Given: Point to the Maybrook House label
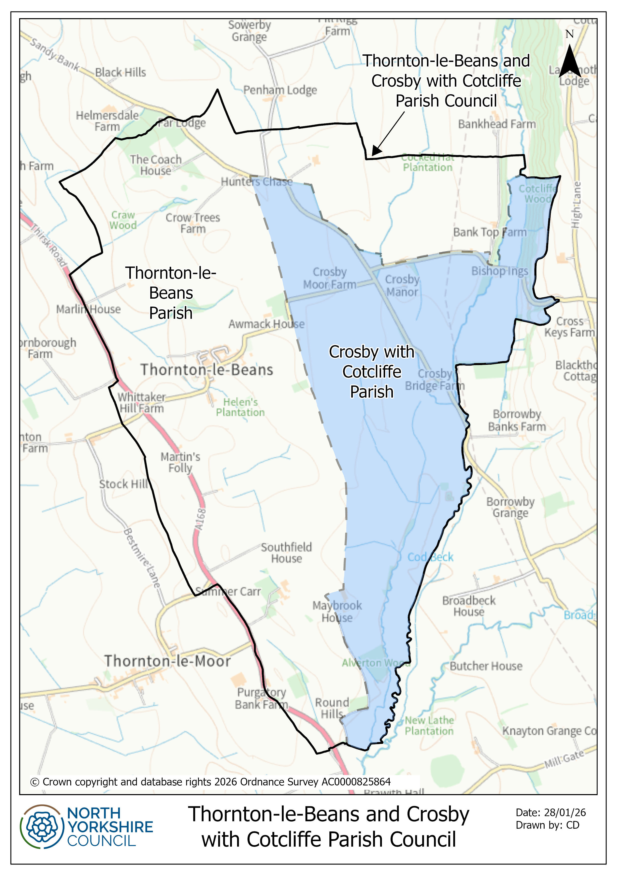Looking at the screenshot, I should (337, 611).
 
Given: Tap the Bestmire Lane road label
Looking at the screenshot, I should (142, 558).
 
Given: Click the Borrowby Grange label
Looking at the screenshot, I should (510, 507).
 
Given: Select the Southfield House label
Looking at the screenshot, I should (286, 553).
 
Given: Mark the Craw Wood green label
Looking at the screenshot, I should (123, 220).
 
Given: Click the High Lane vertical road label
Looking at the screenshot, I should (576, 205).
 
